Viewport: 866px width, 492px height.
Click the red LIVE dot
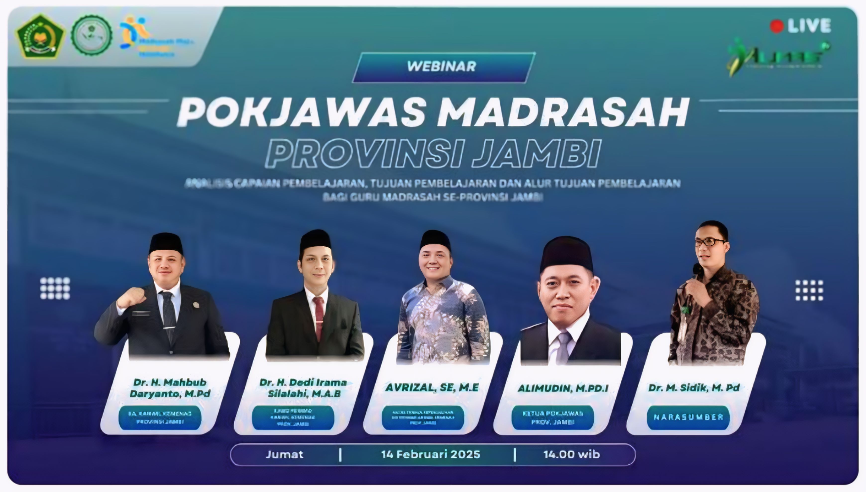[777, 26]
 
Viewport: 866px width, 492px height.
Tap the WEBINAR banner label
[442, 66]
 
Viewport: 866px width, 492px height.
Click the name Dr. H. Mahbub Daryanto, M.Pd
[170, 387]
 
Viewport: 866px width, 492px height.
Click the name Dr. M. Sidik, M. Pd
[694, 387]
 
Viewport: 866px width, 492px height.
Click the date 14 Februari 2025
[431, 454]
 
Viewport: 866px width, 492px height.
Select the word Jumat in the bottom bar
[284, 454]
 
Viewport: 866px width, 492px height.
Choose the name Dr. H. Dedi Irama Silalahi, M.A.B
[303, 387]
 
